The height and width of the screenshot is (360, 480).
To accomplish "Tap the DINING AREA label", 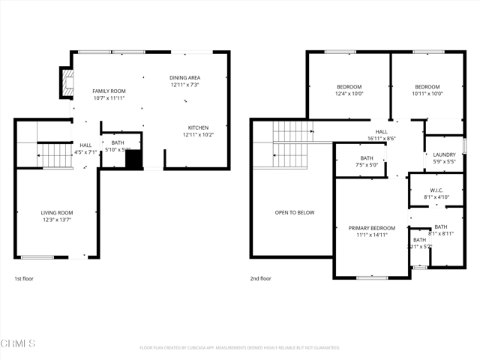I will pos(185,77).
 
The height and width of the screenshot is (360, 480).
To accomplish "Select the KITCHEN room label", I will pos(198,127).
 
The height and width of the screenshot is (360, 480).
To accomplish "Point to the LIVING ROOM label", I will pos(57,213).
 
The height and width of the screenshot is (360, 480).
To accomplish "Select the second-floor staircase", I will pos(290,145).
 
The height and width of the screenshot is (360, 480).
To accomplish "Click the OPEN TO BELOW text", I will pos(295,212).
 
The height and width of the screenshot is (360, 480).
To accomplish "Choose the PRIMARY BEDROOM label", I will pos(371,227).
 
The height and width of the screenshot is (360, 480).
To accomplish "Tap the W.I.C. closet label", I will pos(436,190).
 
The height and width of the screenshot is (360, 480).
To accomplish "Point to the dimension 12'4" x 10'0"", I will pos(348,94).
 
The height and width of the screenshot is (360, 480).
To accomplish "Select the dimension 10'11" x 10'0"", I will pos(427,94).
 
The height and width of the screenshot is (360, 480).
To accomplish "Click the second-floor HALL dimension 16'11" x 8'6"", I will pos(382,138).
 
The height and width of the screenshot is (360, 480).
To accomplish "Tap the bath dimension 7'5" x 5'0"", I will pos(367,165).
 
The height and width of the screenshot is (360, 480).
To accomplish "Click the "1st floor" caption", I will pos(24,278).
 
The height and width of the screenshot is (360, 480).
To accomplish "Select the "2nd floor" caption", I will pos(261,278).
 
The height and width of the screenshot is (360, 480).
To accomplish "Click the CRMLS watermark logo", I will pos(19,343).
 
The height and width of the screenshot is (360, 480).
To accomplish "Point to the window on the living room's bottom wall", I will pos(37,257).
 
